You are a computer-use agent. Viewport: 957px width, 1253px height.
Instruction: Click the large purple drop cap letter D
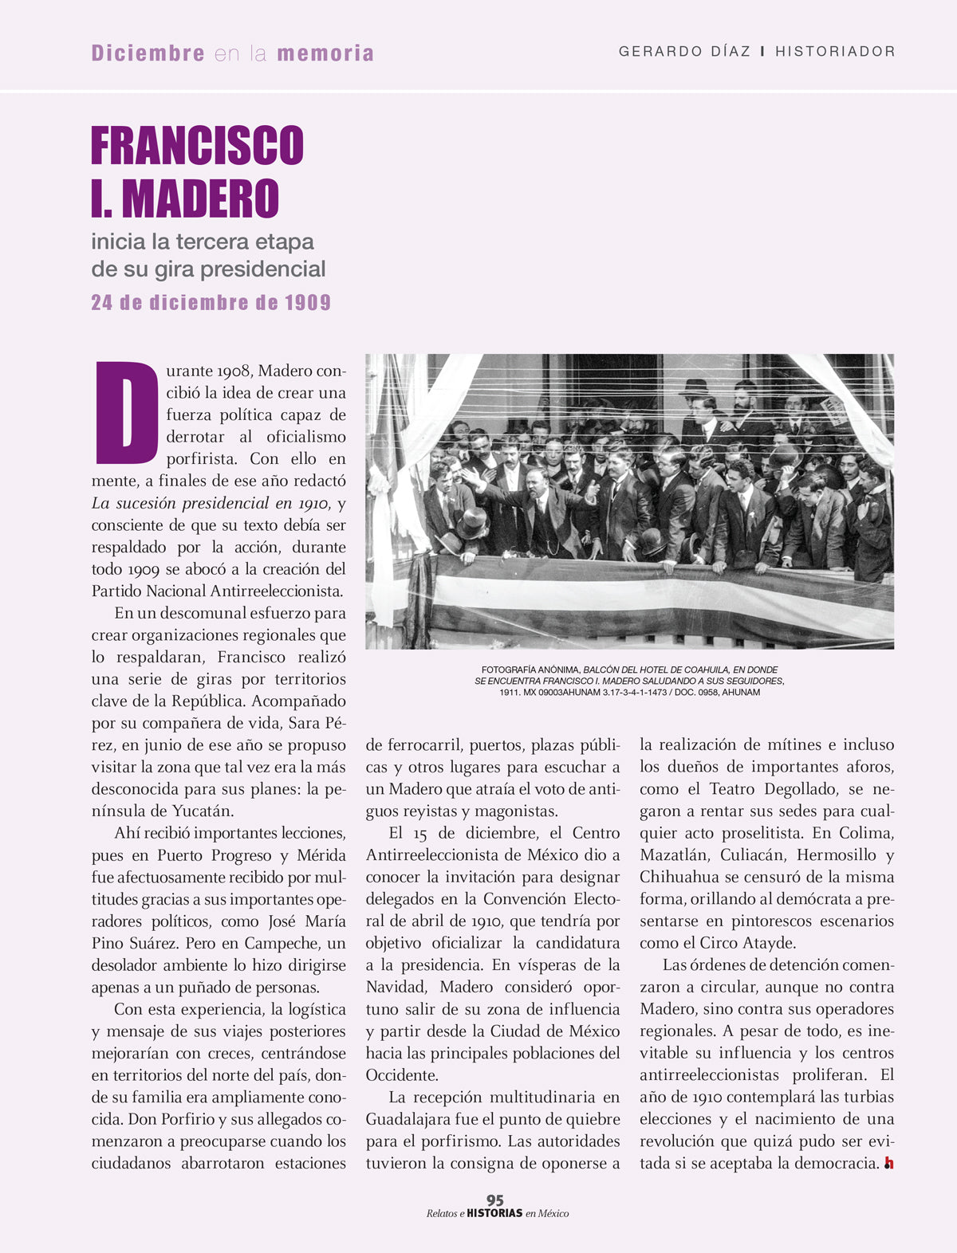coord(126,412)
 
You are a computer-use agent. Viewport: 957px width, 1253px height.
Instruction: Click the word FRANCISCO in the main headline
coord(197,145)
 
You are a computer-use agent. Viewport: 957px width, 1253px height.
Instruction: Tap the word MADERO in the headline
coord(200,198)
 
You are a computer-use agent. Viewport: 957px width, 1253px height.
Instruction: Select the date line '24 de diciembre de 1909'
coord(211,303)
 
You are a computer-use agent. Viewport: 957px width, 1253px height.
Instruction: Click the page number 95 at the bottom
coord(495,1200)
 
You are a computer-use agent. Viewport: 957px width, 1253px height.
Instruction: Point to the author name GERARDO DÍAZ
coord(684,52)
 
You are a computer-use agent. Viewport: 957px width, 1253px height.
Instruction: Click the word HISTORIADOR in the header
coord(835,52)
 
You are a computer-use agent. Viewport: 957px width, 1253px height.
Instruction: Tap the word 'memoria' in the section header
coord(325,53)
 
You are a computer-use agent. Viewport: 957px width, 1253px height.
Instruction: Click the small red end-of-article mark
coord(888,1164)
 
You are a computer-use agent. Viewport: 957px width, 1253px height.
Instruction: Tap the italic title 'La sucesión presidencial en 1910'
coord(210,503)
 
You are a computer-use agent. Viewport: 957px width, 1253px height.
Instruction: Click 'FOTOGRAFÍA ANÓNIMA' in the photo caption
coord(530,670)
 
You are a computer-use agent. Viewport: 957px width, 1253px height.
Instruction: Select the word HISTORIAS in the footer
coord(494,1213)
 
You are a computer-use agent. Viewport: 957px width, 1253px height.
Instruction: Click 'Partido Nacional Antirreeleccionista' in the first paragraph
coord(217,591)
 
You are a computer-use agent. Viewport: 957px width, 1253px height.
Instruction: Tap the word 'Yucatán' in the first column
coord(203,811)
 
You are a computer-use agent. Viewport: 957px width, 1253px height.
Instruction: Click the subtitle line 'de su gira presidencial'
coord(208,269)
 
